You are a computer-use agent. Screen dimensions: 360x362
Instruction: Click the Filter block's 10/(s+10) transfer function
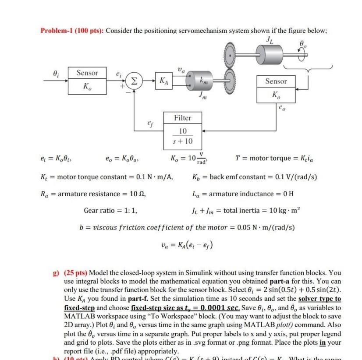coord(182,136)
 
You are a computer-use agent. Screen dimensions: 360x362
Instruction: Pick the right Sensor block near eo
coord(275,88)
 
